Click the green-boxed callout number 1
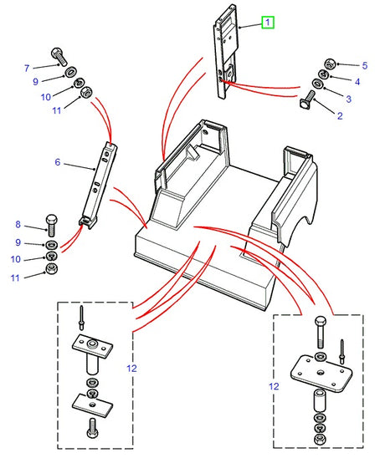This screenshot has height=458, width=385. click(267, 23)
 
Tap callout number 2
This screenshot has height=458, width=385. click(339, 116)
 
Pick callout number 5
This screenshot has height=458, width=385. click(340, 65)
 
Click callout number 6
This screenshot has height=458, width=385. click(57, 162)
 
